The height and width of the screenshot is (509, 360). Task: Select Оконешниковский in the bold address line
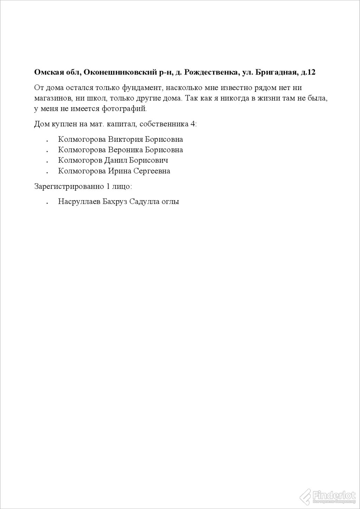coord(120,73)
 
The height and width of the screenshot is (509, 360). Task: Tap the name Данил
coord(115,160)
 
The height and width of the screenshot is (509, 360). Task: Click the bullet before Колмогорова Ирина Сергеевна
coord(47,172)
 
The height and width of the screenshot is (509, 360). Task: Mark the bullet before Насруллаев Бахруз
coord(47,203)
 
